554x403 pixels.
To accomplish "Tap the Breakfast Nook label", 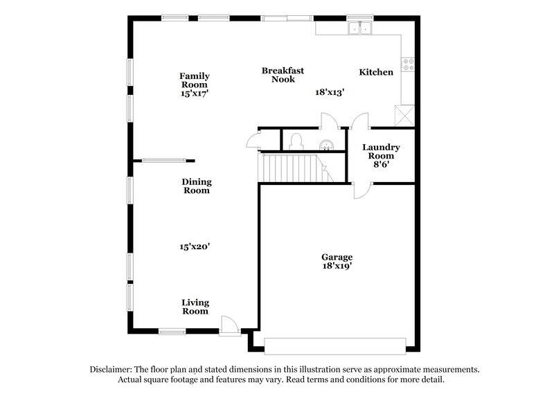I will (x=283, y=75).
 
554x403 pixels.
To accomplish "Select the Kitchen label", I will (x=376, y=73).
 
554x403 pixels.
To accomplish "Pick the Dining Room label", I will (x=196, y=186).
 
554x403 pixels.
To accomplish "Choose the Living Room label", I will (x=195, y=307).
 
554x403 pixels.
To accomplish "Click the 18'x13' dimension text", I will (x=330, y=91).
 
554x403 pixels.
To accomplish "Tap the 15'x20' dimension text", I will (x=195, y=246).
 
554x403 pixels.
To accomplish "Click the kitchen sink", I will (x=361, y=29).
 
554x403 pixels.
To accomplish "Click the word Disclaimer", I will (x=111, y=370).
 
